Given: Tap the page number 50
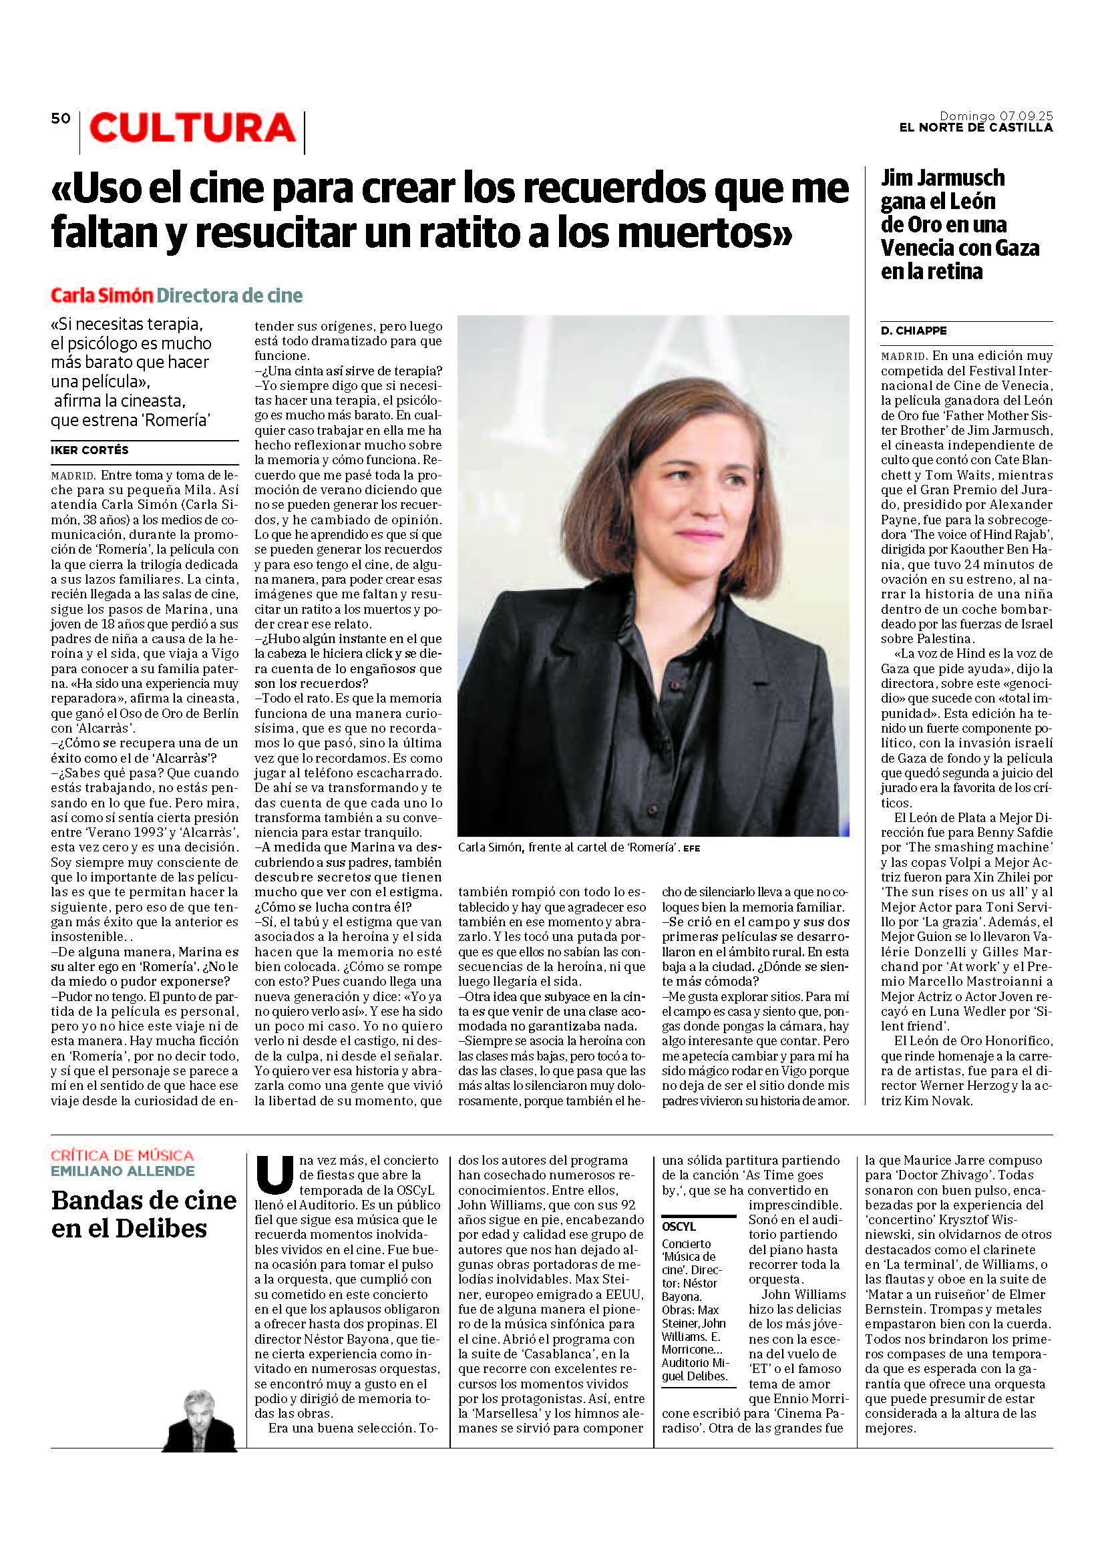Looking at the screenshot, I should pyautogui.click(x=61, y=118).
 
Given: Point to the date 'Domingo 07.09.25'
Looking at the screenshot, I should pyautogui.click(x=996, y=116).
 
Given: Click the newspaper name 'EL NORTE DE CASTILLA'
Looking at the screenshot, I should pyautogui.click(x=976, y=128).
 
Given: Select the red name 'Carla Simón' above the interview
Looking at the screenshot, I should pyautogui.click(x=102, y=295).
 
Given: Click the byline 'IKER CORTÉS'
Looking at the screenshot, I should pyautogui.click(x=89, y=449).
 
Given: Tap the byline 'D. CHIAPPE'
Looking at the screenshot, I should pyautogui.click(x=914, y=331).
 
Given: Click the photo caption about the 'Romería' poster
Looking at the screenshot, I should pyautogui.click(x=568, y=847).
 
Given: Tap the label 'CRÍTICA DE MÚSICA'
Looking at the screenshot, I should pyautogui.click(x=122, y=1155).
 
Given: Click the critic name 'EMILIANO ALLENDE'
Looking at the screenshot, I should pyautogui.click(x=122, y=1171).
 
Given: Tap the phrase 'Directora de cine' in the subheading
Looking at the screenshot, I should pyautogui.click(x=230, y=295).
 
